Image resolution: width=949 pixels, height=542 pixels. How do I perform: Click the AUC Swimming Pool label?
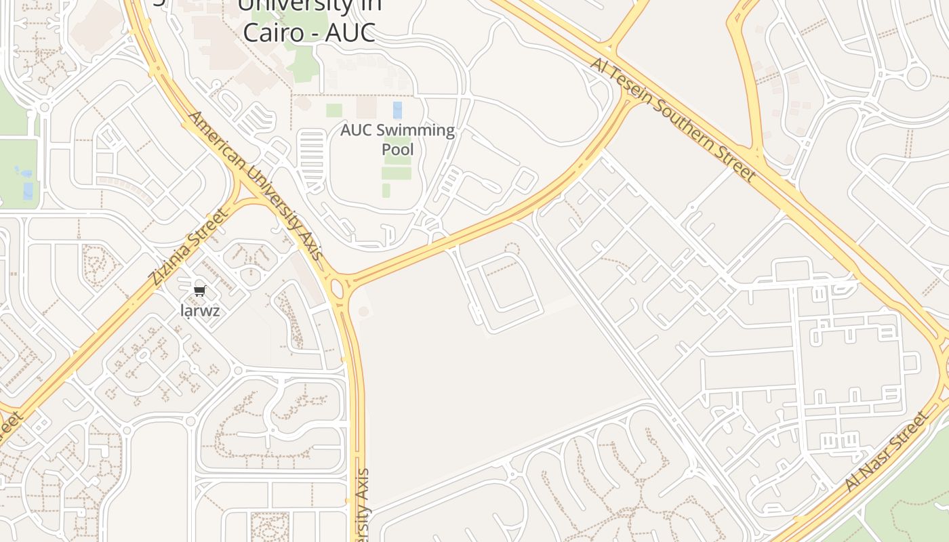pyautogui.click(x=397, y=139)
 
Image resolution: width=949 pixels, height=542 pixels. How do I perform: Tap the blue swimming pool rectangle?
pyautogui.click(x=397, y=110)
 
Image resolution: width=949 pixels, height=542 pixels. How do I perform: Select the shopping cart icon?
pyautogui.click(x=199, y=291)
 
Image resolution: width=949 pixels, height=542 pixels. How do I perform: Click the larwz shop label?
pyautogui.click(x=200, y=311)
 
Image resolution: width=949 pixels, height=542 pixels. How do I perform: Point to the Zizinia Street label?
pyautogui.click(x=188, y=247)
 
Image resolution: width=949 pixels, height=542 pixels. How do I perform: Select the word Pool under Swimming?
pyautogui.click(x=398, y=149)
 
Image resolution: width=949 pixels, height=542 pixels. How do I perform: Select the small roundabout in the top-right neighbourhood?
pyautogui.click(x=916, y=77)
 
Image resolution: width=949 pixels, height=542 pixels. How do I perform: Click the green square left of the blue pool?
pyautogui.click(x=334, y=110)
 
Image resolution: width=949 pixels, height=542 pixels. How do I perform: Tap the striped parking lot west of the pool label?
pyautogui.click(x=311, y=153)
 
